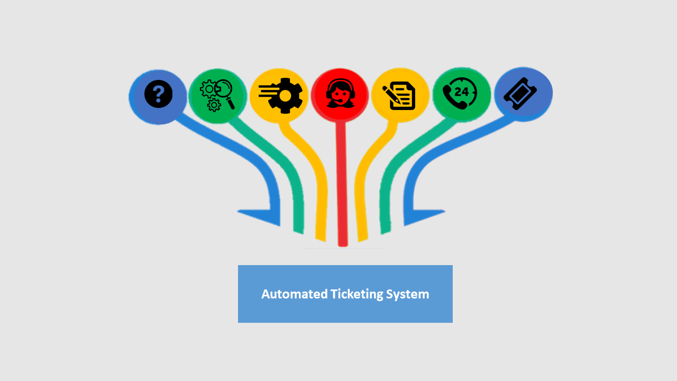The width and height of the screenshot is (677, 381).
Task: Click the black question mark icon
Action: point(158,94)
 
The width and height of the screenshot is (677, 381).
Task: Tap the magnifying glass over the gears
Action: point(225,93)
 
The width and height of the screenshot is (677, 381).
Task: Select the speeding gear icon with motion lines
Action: point(280,96)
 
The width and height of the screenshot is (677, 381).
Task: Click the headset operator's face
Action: point(340,94)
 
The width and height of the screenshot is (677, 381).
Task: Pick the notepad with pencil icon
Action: point(399,96)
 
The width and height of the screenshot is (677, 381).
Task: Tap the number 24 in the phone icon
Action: point(462,92)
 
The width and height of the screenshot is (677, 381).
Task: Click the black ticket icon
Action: point(520,94)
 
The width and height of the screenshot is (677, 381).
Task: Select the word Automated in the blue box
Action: point(295,294)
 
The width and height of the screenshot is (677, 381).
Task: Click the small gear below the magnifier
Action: point(214,105)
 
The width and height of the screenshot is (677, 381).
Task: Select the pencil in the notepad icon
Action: point(392,95)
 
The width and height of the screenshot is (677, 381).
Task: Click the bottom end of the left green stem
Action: point(298,233)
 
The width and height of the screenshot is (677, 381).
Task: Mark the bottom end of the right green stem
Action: point(386,232)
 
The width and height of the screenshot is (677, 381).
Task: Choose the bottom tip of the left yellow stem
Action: point(321,240)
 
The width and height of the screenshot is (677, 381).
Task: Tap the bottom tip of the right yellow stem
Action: point(363,240)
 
